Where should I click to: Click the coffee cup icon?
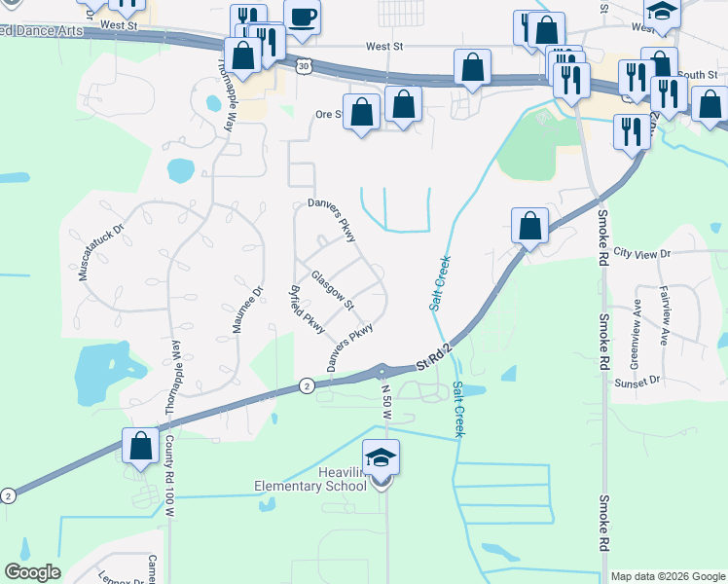click(303, 19)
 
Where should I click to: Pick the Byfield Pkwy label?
click(305, 311)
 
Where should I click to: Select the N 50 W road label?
click(386, 402)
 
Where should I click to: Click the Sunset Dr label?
click(637, 381)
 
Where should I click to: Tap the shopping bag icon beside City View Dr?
click(529, 228)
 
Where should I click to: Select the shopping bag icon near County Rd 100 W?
click(141, 447)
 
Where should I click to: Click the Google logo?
click(32, 572)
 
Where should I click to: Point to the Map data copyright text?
click(667, 576)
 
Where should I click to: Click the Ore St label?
click(327, 114)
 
